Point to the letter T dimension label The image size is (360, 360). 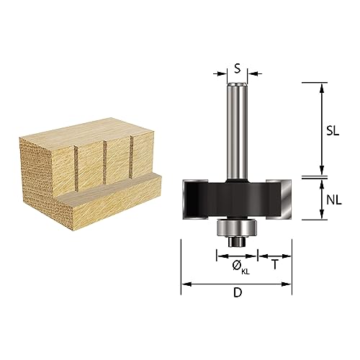[x=275, y=264]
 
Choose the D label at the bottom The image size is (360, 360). [x=237, y=294]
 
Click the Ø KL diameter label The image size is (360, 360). [x=237, y=266]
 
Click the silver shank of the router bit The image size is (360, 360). [x=236, y=130]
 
